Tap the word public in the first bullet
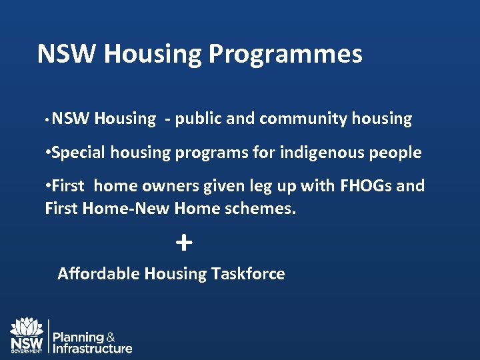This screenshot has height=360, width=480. pyautogui.click(x=198, y=119)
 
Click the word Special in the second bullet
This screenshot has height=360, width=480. pyautogui.click(x=78, y=153)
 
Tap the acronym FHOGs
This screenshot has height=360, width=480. pyautogui.click(x=366, y=185)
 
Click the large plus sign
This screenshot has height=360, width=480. pyautogui.click(x=183, y=243)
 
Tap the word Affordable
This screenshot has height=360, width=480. pyautogui.click(x=99, y=273)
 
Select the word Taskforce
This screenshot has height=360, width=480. pyautogui.click(x=248, y=273)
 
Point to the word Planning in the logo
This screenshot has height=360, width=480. pyautogui.click(x=78, y=337)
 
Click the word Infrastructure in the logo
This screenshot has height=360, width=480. pyautogui.click(x=93, y=348)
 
